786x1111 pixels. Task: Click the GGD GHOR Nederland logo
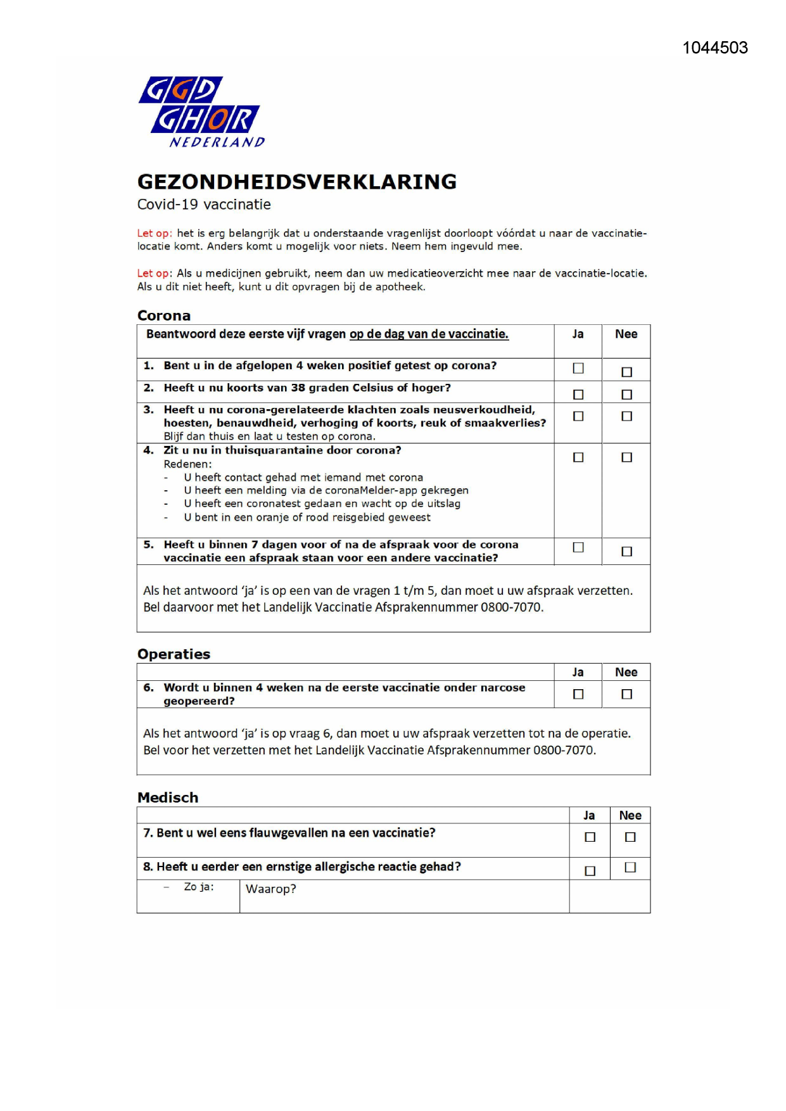point(201,111)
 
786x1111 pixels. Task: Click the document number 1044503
point(714,48)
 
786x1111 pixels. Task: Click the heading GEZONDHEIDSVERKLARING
point(296,182)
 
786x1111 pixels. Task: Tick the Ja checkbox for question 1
point(578,368)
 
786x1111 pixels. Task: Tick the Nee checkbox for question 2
point(626,395)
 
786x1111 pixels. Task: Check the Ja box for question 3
point(578,416)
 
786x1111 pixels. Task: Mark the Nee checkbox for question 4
point(626,457)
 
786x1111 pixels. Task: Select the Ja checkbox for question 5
point(578,547)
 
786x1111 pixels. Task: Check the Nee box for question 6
point(626,694)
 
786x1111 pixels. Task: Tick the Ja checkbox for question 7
point(590,837)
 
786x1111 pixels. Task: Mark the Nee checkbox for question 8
point(630,867)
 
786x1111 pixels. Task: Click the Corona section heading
point(164,315)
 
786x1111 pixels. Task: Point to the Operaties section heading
point(174,654)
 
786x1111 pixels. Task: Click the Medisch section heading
point(168,797)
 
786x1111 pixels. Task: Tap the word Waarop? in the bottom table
point(270,889)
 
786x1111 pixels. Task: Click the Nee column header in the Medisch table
point(630,815)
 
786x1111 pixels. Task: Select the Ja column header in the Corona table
point(578,334)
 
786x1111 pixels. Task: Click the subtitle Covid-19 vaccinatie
point(204,205)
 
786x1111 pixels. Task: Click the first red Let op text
point(154,233)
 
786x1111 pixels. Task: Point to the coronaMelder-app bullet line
point(326,490)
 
